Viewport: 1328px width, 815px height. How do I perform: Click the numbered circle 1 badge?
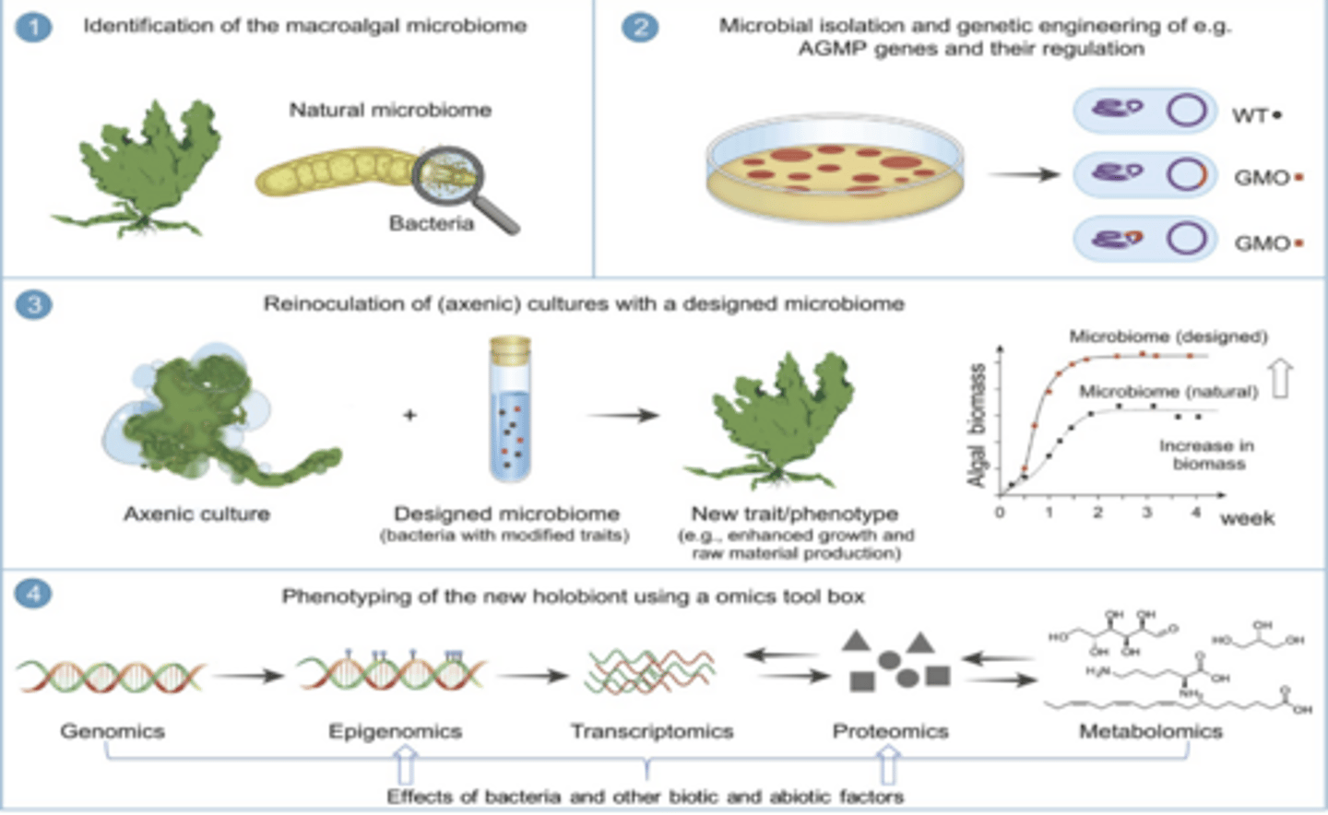[34, 26]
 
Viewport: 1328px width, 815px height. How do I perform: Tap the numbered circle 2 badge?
[640, 26]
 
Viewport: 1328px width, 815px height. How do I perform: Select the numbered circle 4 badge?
[34, 593]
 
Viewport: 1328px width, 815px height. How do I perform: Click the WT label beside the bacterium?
[1251, 115]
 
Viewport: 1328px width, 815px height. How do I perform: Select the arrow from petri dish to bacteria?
[1024, 173]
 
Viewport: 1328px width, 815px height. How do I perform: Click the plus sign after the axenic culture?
[409, 415]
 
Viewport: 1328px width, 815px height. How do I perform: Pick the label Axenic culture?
[196, 514]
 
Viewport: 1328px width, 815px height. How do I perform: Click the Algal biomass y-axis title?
[977, 424]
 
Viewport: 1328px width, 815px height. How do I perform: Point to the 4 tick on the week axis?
[1195, 512]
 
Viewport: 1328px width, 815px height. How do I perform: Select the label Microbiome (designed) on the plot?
[1168, 337]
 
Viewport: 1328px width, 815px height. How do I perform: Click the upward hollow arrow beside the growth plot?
[1281, 378]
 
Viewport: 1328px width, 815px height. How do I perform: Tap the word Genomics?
[113, 731]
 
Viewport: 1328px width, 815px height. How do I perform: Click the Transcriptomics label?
[651, 731]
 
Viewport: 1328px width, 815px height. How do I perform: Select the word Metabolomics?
[1150, 731]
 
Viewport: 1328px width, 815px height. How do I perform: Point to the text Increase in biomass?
[1207, 455]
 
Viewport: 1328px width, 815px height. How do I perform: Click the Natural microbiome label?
[390, 110]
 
